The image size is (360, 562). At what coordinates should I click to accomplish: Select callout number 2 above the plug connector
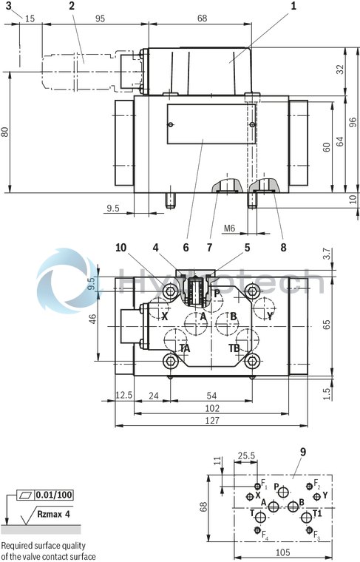point(72,6)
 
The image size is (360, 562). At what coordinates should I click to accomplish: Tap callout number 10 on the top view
point(120,248)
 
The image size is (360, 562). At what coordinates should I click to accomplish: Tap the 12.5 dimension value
point(123,396)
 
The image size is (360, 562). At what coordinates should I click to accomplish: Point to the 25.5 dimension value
point(246,456)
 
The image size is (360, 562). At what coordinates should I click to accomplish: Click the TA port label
point(185,348)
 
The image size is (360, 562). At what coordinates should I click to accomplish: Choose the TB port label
point(234,348)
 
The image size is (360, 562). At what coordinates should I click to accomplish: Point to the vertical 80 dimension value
point(5,132)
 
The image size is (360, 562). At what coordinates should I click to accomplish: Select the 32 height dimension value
point(339,69)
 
